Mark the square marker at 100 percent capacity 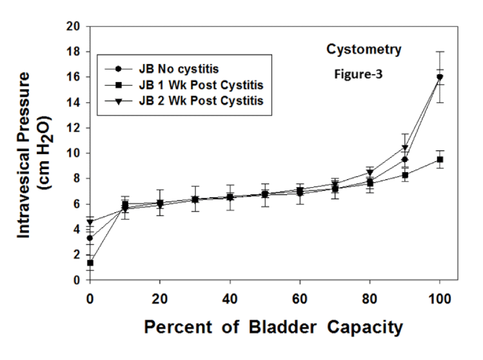440,159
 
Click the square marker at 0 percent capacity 90,263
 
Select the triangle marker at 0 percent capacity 90,222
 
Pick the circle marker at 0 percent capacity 90,238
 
